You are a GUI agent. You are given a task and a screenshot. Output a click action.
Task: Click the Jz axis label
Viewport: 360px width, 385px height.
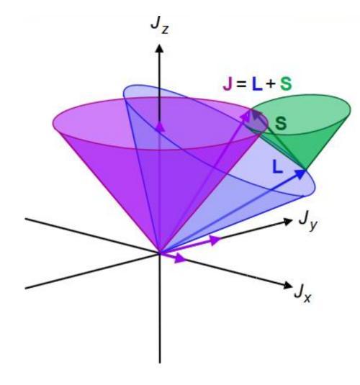[160, 27]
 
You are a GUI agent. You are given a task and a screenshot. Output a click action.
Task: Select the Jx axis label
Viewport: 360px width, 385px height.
[303, 294]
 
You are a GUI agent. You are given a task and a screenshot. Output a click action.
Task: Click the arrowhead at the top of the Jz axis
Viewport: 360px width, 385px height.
[160, 48]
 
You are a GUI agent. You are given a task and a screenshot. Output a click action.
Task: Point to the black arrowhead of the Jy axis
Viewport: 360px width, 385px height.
[288, 221]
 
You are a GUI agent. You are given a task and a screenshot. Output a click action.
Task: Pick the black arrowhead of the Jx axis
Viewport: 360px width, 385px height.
[287, 285]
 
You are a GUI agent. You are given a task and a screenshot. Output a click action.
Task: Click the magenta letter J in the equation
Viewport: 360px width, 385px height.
[228, 83]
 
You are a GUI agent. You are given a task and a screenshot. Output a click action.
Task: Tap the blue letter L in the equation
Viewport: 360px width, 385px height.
[257, 83]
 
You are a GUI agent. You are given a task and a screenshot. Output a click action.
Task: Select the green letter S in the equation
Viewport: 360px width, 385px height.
[286, 83]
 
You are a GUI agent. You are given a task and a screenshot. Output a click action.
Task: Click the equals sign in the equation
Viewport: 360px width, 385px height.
[241, 84]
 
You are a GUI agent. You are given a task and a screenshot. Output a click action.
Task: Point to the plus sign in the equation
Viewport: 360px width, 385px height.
[271, 84]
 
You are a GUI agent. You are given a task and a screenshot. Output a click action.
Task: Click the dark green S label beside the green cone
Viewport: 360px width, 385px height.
[281, 123]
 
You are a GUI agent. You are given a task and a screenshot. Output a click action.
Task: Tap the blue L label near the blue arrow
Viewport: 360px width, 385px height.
[278, 167]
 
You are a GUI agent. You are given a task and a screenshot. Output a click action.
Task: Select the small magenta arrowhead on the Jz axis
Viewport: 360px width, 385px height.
[160, 127]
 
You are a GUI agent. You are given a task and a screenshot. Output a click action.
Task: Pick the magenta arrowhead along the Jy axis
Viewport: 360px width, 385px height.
[215, 240]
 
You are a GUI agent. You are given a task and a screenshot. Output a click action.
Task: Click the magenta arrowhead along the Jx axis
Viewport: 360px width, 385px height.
[180, 258]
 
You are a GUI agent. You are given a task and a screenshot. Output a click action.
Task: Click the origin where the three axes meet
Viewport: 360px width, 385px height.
[160, 253]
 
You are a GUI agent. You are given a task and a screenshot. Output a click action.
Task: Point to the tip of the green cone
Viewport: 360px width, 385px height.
[305, 169]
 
